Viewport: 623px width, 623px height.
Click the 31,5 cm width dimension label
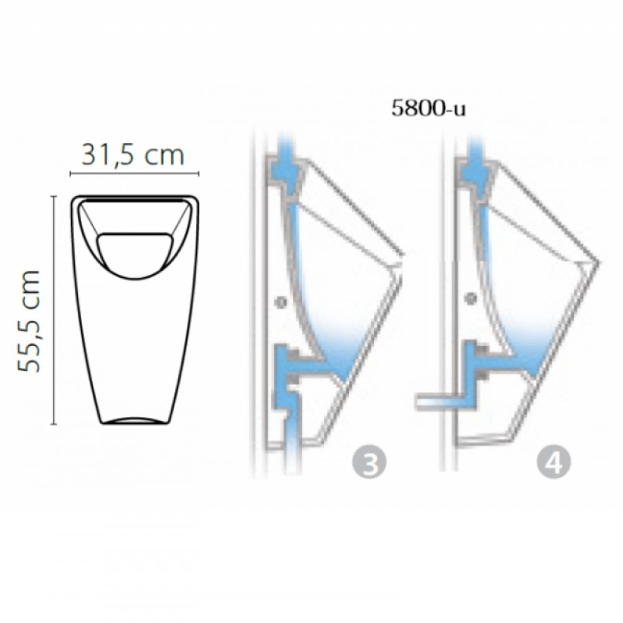133,155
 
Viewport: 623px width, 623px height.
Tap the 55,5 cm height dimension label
29,321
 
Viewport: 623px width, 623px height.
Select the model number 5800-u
429,108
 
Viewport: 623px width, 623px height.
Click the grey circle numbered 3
369,462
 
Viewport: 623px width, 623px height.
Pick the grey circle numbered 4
554,462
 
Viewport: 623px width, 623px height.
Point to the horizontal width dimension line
135,173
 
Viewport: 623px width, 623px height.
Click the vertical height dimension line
54,310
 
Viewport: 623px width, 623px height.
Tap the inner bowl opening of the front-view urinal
135,255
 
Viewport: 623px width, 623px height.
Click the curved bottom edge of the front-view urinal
135,421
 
